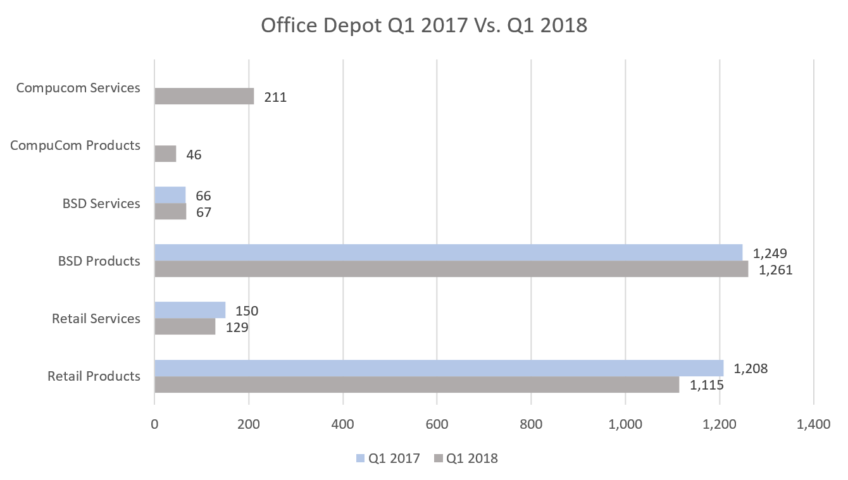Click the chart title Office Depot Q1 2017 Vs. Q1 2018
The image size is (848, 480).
coord(424,26)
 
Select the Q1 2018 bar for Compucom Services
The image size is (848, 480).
coord(204,96)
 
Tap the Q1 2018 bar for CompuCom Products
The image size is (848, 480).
coord(165,154)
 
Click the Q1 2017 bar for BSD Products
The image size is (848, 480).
coord(448,252)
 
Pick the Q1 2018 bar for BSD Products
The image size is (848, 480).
coord(451,269)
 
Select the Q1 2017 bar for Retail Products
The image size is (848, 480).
coord(439,367)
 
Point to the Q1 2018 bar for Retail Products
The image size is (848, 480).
coord(416,384)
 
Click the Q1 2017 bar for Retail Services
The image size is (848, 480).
coord(190,310)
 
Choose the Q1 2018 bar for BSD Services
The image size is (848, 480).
coord(170,211)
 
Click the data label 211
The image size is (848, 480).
coord(276,97)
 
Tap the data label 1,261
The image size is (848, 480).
coord(775,270)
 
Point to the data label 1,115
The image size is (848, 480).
coord(706,385)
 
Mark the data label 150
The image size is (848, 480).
coord(247,311)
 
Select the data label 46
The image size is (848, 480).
coord(194,155)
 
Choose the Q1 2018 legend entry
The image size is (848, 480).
coord(465,458)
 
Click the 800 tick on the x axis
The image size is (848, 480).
coord(531,425)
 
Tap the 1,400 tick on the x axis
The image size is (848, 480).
coord(813,425)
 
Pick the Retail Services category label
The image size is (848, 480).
coord(96,319)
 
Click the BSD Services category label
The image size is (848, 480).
coord(101,204)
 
